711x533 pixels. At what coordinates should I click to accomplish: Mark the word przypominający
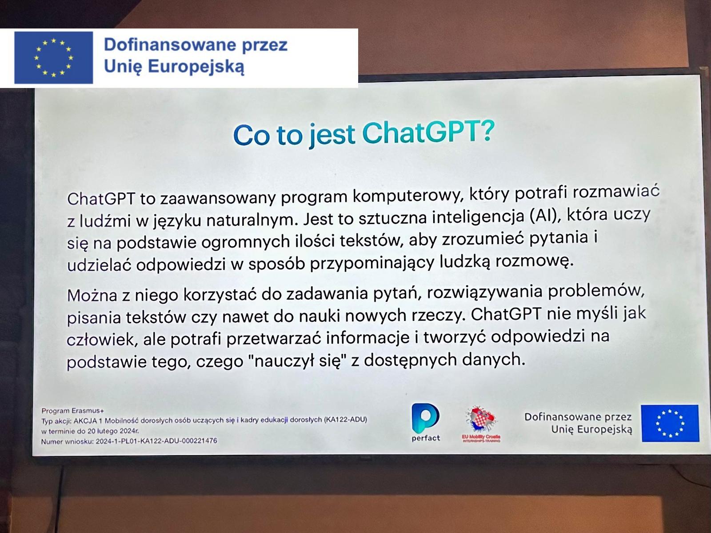[372, 263]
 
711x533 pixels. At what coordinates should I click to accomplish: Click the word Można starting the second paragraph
[92, 295]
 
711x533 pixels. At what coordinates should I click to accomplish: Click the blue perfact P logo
[425, 418]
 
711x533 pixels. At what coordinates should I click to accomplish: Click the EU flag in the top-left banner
[54, 58]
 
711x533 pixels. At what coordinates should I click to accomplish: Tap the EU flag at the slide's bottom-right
[670, 423]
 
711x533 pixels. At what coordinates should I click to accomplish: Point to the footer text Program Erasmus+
[72, 411]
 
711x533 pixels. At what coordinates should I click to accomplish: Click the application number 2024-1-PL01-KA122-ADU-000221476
[156, 441]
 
